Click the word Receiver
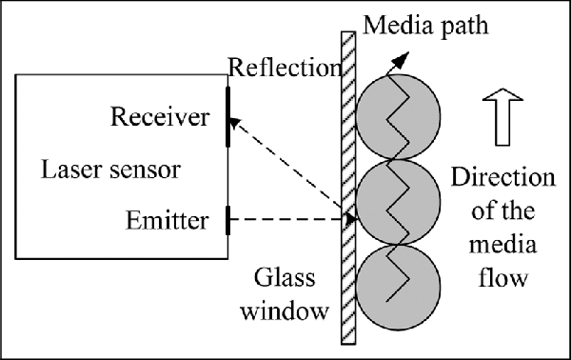pyautogui.click(x=159, y=117)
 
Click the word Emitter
pyautogui.click(x=167, y=221)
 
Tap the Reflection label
pyautogui.click(x=284, y=68)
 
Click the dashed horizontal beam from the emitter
pyautogui.click(x=285, y=220)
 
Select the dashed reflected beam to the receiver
pyautogui.click(x=285, y=167)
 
